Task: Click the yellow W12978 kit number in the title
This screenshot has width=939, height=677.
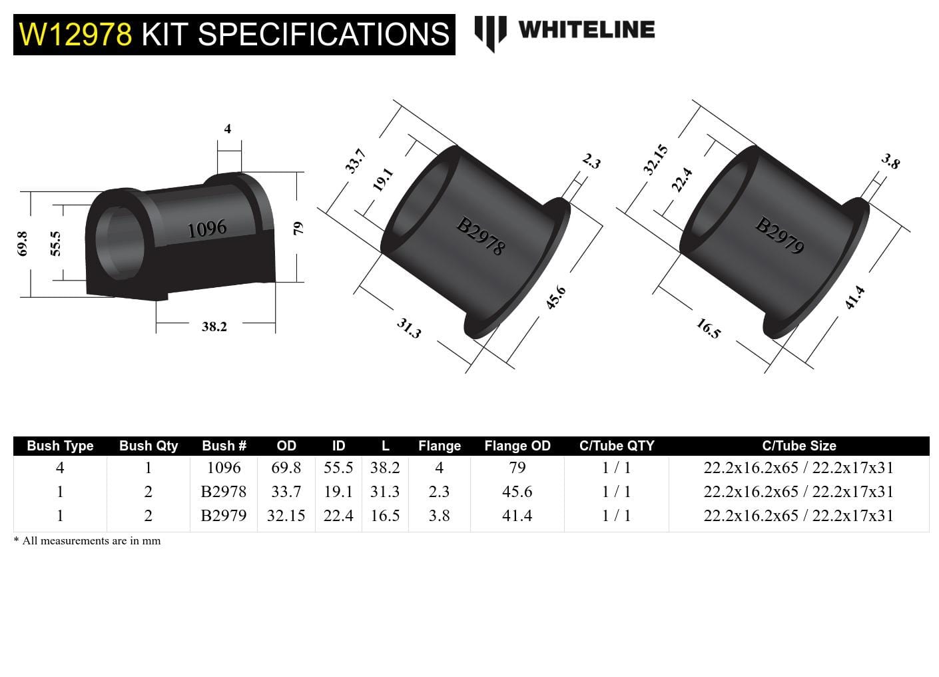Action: click(75, 35)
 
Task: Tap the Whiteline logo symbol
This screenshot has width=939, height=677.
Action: click(490, 32)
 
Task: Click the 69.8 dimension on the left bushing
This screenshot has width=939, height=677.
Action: click(23, 244)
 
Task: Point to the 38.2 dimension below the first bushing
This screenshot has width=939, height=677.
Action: click(214, 327)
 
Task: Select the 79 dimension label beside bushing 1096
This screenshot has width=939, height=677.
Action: click(298, 228)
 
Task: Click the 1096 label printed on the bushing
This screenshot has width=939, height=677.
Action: click(207, 229)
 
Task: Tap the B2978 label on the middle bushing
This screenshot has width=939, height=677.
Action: click(480, 237)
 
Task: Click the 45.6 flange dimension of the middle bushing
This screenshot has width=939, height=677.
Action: click(555, 297)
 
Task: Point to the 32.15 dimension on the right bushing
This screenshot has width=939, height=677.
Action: click(655, 160)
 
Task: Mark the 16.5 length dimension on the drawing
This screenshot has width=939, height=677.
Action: click(708, 329)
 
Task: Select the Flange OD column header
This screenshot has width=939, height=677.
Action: click(517, 446)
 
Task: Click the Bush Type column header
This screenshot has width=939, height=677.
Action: click(60, 446)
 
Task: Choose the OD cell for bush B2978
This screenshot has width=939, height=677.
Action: click(286, 492)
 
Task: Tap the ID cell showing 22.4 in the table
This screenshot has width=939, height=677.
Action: click(338, 516)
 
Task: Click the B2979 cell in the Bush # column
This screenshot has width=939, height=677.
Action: click(224, 516)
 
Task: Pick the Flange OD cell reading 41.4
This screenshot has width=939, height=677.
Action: click(517, 516)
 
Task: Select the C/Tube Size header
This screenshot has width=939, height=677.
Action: click(798, 446)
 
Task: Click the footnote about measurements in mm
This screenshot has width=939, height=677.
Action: click(87, 541)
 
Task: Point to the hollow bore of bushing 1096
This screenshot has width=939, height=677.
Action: click(120, 243)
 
